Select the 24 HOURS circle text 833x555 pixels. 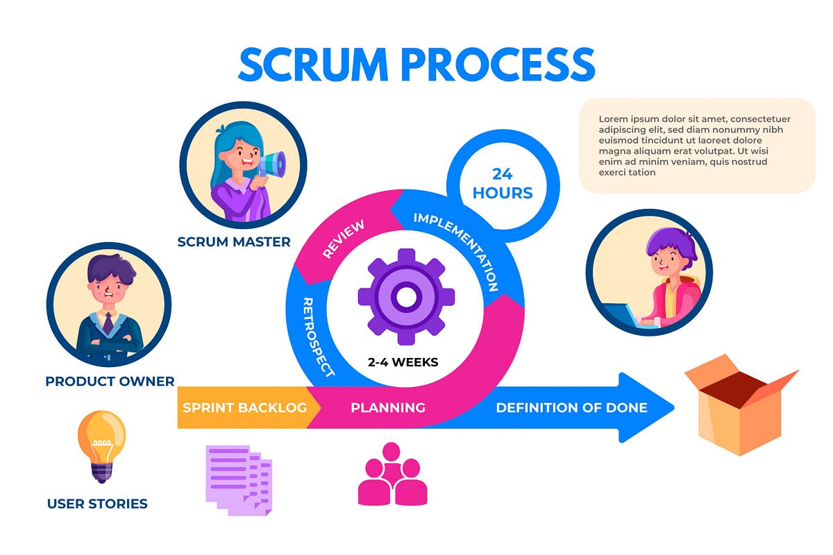tap(503, 183)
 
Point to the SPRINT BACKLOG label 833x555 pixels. tap(244, 407)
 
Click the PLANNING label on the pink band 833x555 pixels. tap(387, 407)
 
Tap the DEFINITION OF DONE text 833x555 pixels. tap(571, 407)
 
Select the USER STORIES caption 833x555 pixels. tap(97, 504)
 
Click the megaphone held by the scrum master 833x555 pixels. tap(272, 164)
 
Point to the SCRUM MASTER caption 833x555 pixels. tap(234, 242)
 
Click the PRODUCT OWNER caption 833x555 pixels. tap(110, 381)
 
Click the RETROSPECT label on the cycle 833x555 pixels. tap(319, 337)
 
